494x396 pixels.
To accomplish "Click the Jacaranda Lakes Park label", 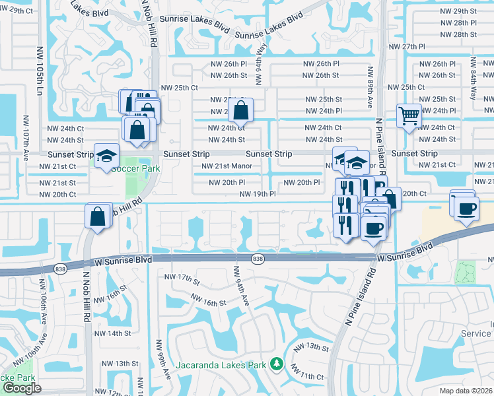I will [x=221, y=365].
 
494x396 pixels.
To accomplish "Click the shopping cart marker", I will [x=409, y=116].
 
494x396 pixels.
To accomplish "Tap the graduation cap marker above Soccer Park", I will [x=106, y=156].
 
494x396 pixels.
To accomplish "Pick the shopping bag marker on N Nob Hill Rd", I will [x=98, y=215].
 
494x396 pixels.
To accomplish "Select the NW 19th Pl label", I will [x=257, y=194].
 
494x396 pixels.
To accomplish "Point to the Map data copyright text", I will [x=466, y=391].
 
